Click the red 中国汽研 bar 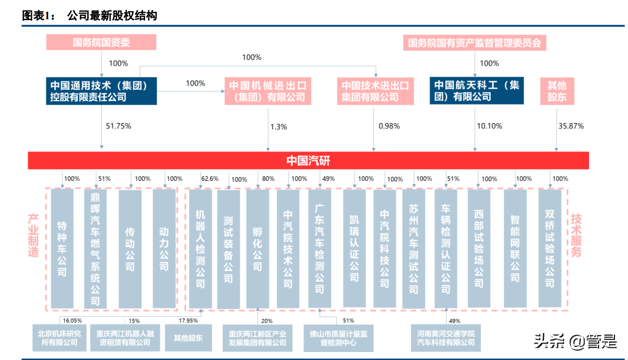pyautogui.click(x=308, y=161)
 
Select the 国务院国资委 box pyautogui.click(x=101, y=43)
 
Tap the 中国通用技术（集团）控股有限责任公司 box pyautogui.click(x=101, y=91)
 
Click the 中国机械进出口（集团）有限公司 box pyautogui.click(x=268, y=91)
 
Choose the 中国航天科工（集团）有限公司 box pyautogui.click(x=476, y=91)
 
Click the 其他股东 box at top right pyautogui.click(x=557, y=91)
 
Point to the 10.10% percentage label pyautogui.click(x=490, y=126)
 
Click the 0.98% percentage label pyautogui.click(x=389, y=126)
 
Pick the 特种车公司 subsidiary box pyautogui.click(x=62, y=248)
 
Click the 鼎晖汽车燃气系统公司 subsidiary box pyautogui.click(x=95, y=248)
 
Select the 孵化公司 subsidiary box pyautogui.click(x=258, y=248)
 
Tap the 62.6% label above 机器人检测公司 pyautogui.click(x=210, y=179)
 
